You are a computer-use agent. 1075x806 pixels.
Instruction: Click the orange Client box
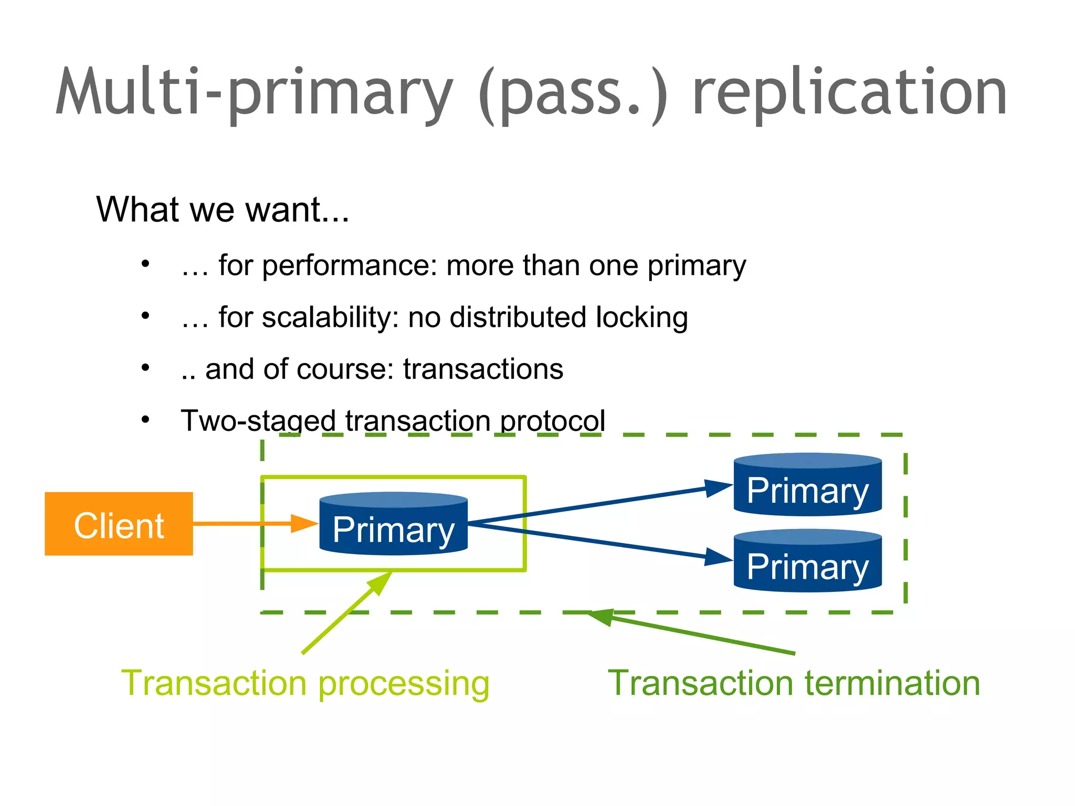pyautogui.click(x=119, y=524)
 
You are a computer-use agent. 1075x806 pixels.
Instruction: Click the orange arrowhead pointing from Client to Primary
pyautogui.click(x=304, y=523)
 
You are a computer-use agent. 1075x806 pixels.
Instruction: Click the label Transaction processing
pyautogui.click(x=305, y=683)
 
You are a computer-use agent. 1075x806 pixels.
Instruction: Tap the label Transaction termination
pyautogui.click(x=794, y=683)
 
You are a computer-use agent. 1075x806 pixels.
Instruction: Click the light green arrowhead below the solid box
pyautogui.click(x=381, y=582)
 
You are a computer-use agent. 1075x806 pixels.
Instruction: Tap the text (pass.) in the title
pyautogui.click(x=573, y=93)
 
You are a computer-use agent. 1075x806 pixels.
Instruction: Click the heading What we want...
pyautogui.click(x=223, y=209)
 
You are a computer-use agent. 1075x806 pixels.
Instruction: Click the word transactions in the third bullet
pyautogui.click(x=483, y=369)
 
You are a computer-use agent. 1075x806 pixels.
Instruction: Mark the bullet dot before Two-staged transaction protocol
pyautogui.click(x=145, y=420)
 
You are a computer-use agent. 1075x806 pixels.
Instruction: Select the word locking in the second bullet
pyautogui.click(x=641, y=317)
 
